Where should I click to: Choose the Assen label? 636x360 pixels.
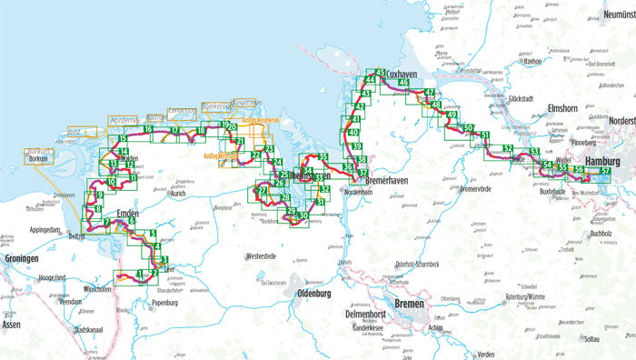(x=11, y=324)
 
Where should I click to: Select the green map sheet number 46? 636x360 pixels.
(x=404, y=84)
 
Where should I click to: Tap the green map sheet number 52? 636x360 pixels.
(x=507, y=148)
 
